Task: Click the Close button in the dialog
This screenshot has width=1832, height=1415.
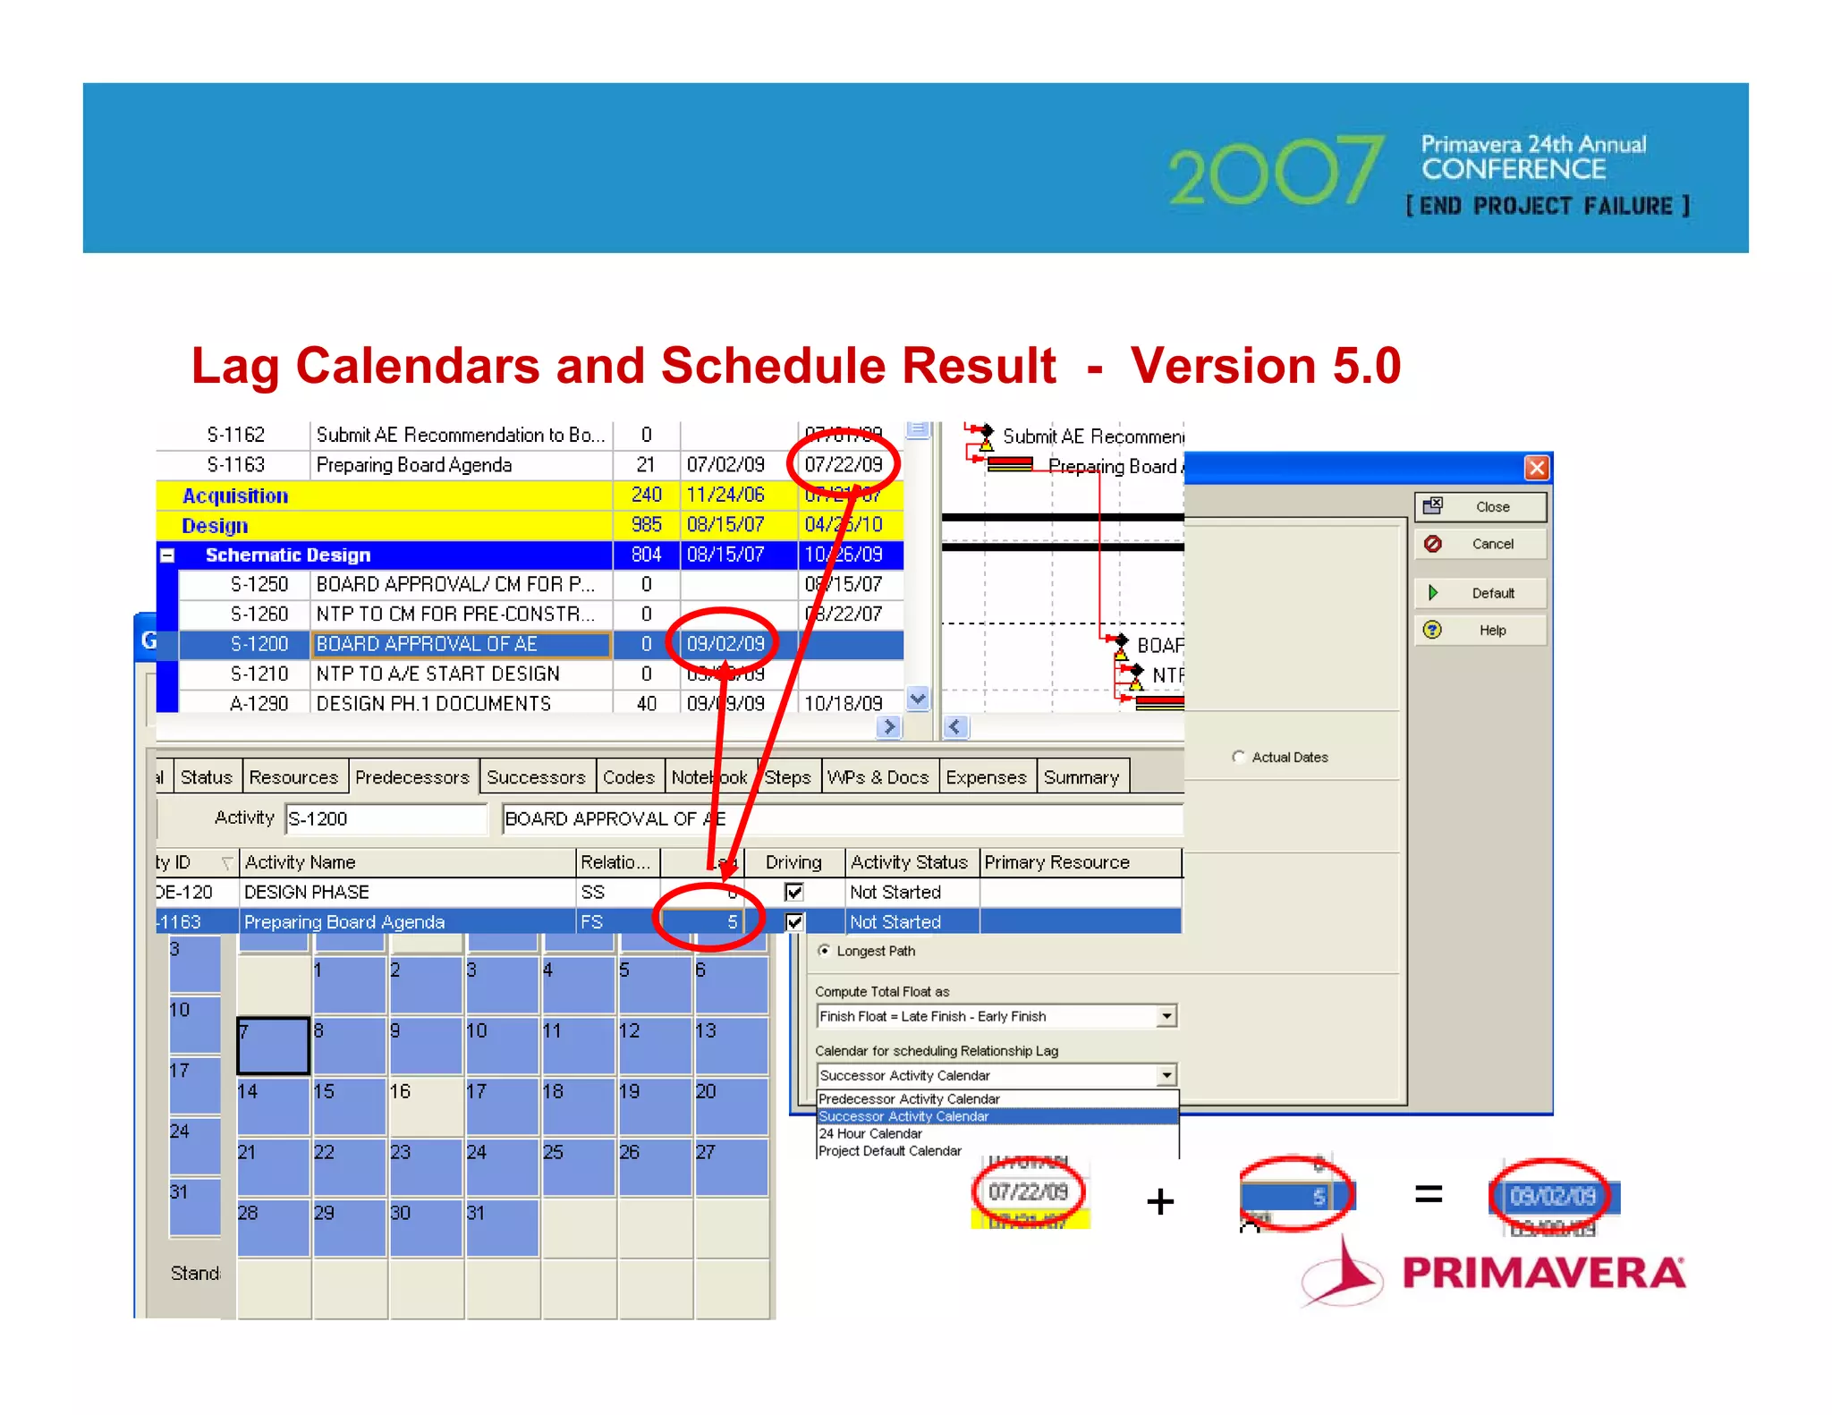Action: (1480, 506)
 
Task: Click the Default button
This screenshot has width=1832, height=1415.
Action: (1480, 593)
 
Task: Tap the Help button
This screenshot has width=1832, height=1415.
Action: (1480, 631)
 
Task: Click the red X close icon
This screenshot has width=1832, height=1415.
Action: (1536, 468)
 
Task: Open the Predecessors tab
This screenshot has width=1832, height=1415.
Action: (411, 777)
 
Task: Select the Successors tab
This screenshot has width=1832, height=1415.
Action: (536, 777)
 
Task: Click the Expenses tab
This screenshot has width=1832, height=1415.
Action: (985, 777)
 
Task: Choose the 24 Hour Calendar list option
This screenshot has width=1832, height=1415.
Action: (870, 1133)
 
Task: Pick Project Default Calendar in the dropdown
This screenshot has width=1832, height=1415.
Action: (890, 1151)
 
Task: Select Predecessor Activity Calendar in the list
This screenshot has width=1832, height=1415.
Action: (909, 1098)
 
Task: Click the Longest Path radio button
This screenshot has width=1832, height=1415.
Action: (824, 951)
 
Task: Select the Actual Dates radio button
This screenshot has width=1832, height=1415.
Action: (1239, 757)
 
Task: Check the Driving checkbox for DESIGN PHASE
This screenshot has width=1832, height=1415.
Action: (793, 892)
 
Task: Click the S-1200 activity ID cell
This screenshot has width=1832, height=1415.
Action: (259, 644)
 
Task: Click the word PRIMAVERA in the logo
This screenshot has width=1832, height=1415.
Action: (1543, 1273)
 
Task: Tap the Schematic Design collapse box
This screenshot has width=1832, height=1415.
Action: (167, 555)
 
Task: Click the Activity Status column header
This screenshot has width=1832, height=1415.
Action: (909, 862)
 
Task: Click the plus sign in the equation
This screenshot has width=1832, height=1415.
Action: (1160, 1201)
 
